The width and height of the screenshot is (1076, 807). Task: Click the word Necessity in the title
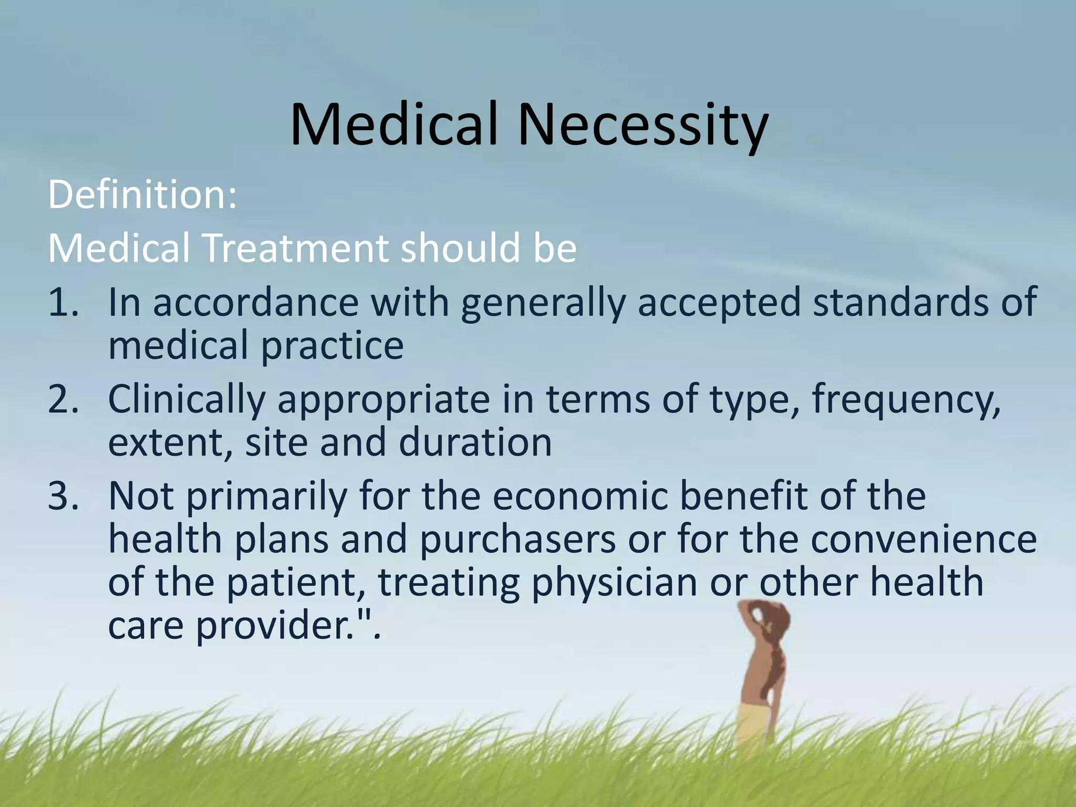click(644, 126)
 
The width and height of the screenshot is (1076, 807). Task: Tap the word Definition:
click(142, 194)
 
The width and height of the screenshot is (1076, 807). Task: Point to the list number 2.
click(63, 399)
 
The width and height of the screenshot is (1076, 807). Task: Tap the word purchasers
click(518, 540)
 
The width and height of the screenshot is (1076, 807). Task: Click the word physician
click(615, 583)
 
